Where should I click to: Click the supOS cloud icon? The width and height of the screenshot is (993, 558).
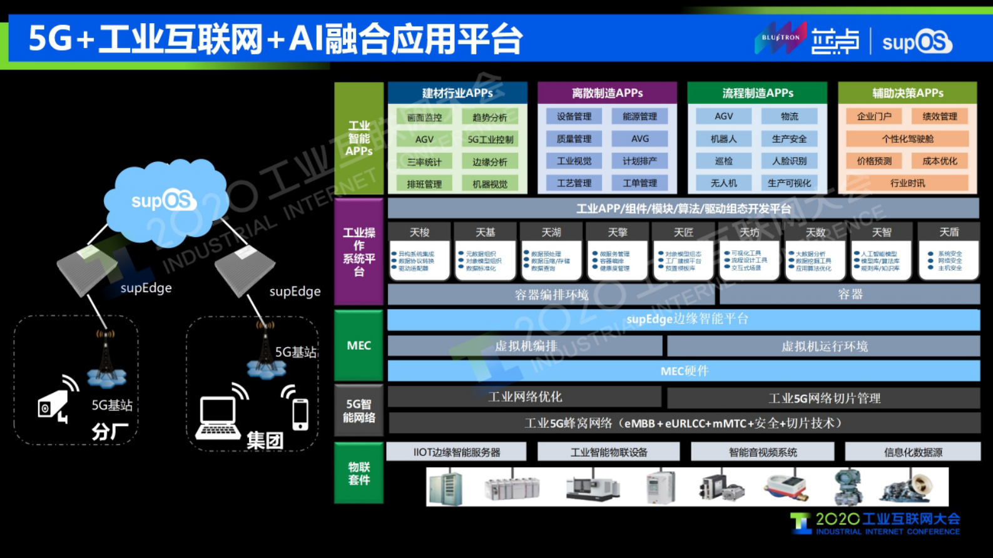point(164,200)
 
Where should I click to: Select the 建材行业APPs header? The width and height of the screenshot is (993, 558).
point(457,93)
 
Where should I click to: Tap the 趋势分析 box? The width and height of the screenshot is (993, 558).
point(490,117)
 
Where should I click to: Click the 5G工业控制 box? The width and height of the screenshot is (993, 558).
point(490,139)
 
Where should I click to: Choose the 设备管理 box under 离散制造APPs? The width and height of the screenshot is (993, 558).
point(574,116)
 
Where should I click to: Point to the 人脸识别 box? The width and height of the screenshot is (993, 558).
point(789,161)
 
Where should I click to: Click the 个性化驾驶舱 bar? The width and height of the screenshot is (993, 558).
point(907,139)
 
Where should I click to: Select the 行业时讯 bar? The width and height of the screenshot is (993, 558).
point(907,183)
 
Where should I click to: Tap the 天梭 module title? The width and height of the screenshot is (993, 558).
point(419,232)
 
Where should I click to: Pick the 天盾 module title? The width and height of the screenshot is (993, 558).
point(949,232)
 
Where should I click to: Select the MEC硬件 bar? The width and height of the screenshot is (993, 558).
point(684,371)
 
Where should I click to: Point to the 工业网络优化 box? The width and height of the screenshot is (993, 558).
point(524,397)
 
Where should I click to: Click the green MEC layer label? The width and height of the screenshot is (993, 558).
point(359,345)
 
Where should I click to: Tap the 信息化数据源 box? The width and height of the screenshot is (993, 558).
point(913,452)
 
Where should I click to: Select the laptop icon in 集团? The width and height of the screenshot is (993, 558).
point(218,418)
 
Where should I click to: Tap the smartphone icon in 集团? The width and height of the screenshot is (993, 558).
point(300,413)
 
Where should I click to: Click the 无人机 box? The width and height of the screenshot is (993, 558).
point(723,183)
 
